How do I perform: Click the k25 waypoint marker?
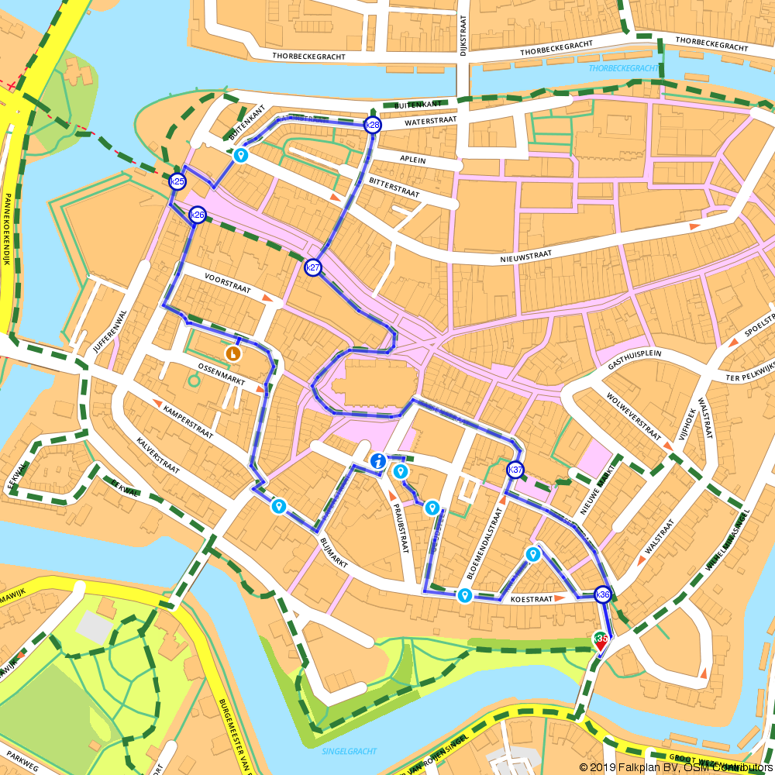coord(177,181)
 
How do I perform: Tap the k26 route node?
coord(198,215)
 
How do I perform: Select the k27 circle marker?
coord(312,268)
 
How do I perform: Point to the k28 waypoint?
coord(373,126)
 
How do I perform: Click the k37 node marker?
coord(515,470)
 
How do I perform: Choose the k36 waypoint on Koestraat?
coord(602,595)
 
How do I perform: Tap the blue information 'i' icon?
coord(377,461)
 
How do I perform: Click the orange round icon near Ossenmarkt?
coord(232,353)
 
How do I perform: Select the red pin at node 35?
coord(601,640)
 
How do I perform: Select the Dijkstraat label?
coord(463,35)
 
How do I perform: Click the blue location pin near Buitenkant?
coord(241,156)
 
